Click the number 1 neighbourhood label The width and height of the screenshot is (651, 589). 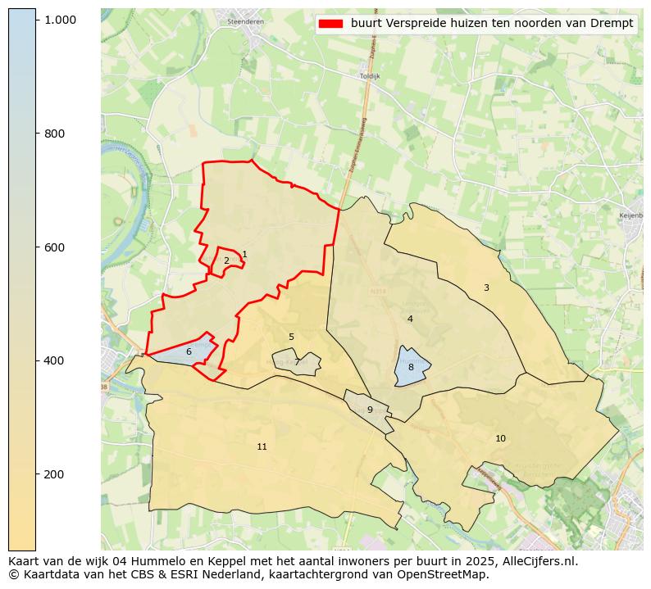pos(244,255)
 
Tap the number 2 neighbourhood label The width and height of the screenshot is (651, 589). pos(226,261)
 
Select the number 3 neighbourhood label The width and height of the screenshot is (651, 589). pos(486,288)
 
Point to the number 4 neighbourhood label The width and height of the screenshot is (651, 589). pos(410,319)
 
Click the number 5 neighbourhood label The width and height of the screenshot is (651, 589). pos(291,337)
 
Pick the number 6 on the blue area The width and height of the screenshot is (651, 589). pos(189,351)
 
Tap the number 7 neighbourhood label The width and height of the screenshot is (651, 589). pos(297,362)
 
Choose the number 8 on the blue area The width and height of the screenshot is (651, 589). pos(411,368)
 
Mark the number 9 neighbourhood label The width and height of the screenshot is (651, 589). pos(370,410)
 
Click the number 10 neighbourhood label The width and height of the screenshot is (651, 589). pos(500,438)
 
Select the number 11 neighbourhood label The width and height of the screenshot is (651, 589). pos(262,446)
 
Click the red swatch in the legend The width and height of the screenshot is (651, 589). pos(331,24)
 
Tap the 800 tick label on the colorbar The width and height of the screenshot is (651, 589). pos(54,134)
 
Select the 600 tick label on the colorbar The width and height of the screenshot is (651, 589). pos(54,247)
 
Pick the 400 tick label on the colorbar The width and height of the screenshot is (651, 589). pos(54,360)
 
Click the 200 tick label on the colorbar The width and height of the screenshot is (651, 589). pos(54,474)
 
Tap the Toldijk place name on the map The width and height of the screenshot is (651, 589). pos(370,75)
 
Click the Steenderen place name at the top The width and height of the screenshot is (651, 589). pos(244,21)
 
